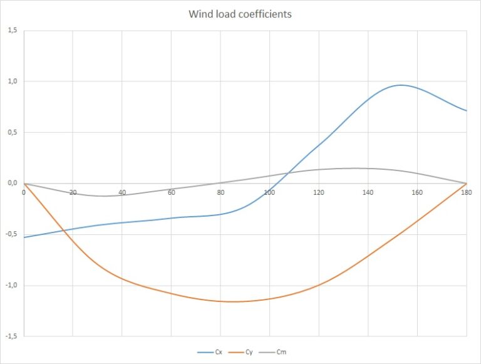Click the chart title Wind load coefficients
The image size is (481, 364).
(x=240, y=14)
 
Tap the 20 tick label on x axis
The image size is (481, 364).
(x=73, y=192)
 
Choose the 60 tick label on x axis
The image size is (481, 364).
(x=171, y=192)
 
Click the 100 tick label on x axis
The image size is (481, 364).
(x=269, y=192)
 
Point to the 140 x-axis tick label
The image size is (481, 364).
(x=368, y=192)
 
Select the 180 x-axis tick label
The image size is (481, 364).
(x=466, y=192)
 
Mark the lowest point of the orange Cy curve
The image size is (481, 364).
(x=232, y=302)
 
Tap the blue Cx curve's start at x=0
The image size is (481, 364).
(x=24, y=237)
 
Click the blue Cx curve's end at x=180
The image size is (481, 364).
(x=467, y=111)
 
